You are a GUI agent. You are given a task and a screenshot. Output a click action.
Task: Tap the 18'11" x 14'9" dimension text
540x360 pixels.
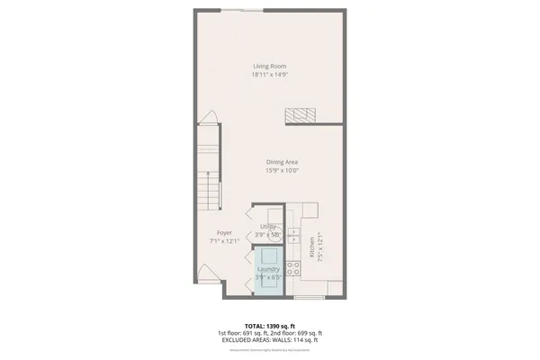(268, 75)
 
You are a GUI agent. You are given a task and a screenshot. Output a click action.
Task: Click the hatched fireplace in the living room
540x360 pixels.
(301, 114)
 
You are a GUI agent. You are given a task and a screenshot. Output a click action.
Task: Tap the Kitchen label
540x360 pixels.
(311, 247)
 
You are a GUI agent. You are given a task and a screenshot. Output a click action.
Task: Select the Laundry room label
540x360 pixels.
(268, 269)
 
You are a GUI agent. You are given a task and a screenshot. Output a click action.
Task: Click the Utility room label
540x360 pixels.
(267, 226)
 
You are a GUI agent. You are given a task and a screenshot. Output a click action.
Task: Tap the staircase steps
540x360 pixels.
(209, 179)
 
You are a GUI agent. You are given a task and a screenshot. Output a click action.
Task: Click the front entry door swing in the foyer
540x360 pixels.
(208, 271)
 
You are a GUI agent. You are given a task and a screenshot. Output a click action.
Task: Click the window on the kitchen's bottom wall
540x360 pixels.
(309, 295)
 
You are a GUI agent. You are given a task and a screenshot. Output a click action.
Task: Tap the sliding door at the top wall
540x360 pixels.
(243, 9)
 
